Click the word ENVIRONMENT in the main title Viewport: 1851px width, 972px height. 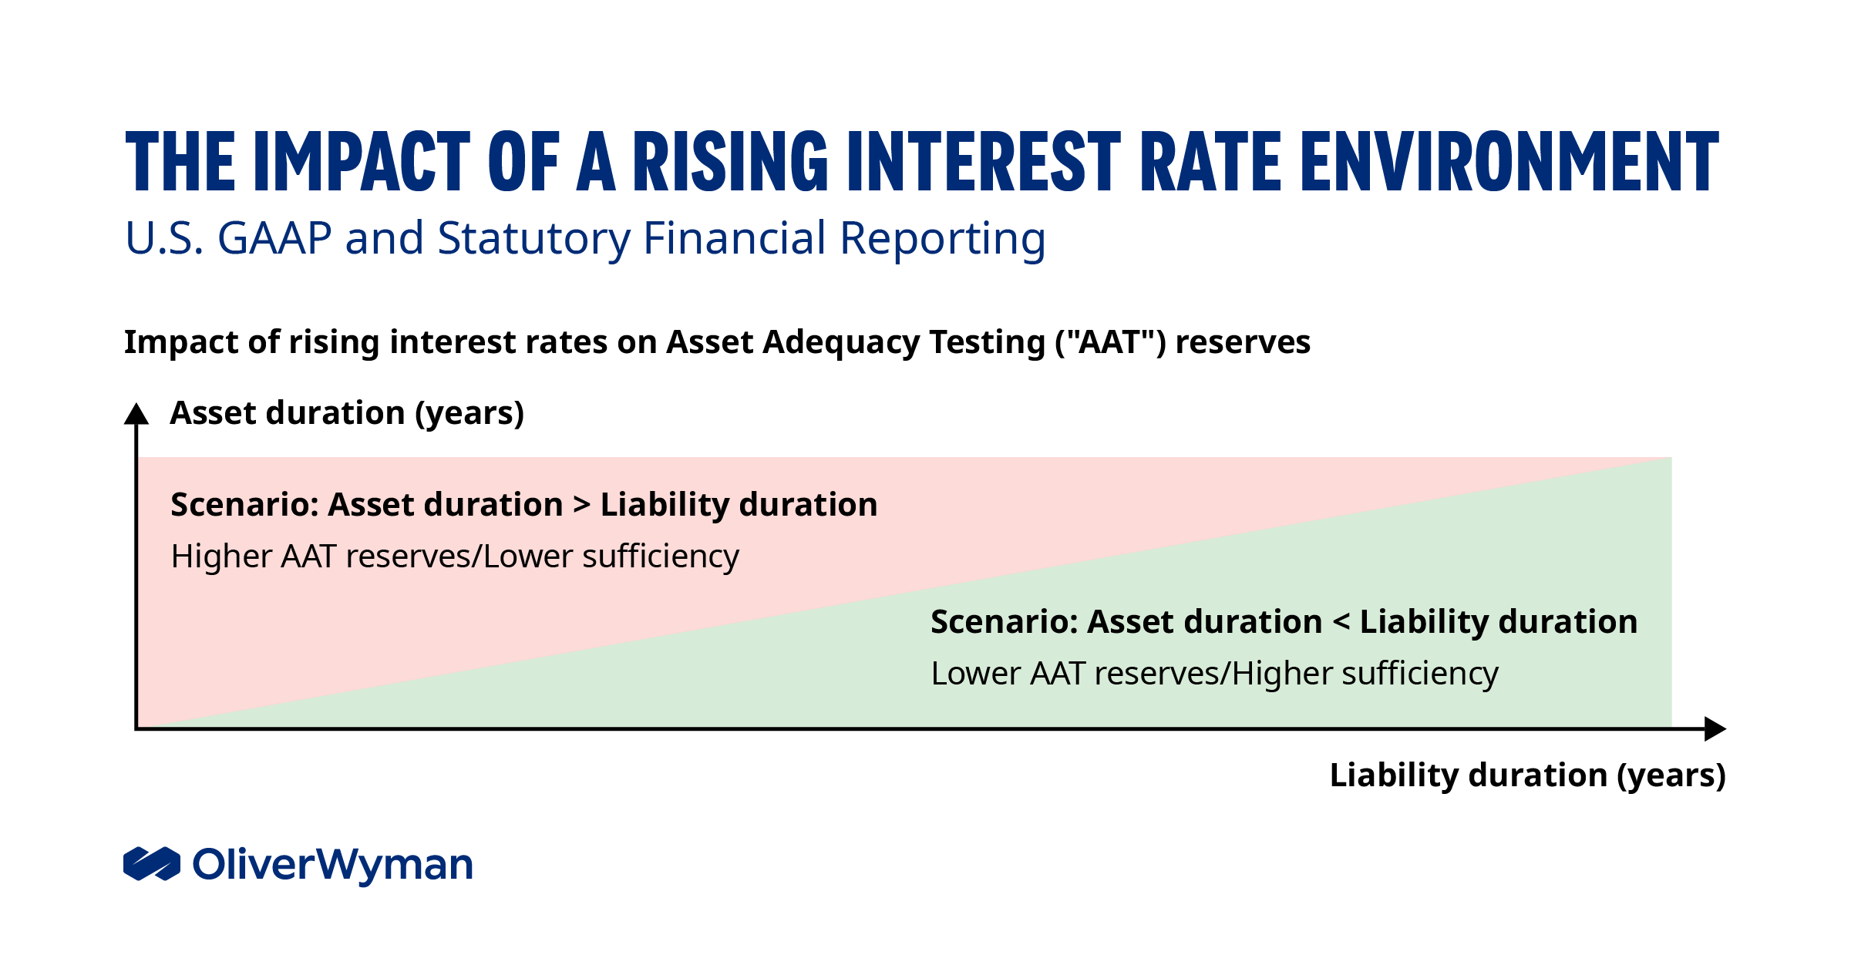[x=1509, y=162]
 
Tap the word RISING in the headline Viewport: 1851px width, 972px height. [x=729, y=162]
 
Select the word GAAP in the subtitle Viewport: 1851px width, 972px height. [x=274, y=238]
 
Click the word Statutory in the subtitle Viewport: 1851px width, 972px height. [x=533, y=238]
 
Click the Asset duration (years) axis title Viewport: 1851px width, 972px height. [x=347, y=413]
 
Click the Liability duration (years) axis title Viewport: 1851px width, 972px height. [x=1527, y=775]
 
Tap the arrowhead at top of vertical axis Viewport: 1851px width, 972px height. [x=136, y=414]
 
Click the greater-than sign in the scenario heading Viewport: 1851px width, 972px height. [x=582, y=505]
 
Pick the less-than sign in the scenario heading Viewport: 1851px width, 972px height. [x=1341, y=622]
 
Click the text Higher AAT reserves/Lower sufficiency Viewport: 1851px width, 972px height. [x=455, y=557]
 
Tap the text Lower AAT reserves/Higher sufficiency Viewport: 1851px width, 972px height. [x=1214, y=674]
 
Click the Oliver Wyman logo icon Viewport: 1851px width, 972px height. [x=152, y=863]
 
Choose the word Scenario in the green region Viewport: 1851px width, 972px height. [x=1002, y=622]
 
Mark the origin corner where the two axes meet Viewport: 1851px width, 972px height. [x=137, y=728]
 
